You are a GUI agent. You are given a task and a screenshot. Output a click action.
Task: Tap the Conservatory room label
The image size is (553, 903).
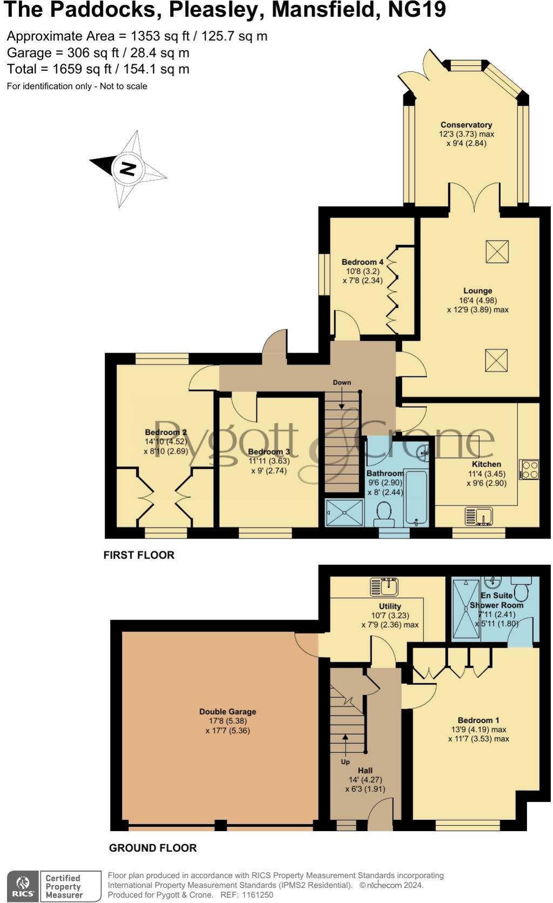coord(466,125)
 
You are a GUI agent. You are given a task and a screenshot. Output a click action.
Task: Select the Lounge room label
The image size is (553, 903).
coord(477,291)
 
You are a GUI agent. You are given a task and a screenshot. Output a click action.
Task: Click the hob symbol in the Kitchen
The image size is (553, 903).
coord(529,469)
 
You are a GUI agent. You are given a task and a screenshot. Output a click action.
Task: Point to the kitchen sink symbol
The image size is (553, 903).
coord(478,516)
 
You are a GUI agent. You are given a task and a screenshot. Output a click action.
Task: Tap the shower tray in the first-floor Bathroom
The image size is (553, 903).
coord(345,512)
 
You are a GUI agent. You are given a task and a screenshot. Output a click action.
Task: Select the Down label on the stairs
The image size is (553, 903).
coord(342,382)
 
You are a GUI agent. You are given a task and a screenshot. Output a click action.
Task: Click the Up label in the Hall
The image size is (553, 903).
coord(345,762)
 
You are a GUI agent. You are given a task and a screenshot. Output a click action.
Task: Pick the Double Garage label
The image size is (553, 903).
coord(227,712)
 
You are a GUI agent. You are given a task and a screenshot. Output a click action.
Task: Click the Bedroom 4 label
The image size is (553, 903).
coord(362,262)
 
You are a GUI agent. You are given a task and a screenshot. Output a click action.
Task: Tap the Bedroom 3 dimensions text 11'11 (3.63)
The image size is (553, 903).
coord(269,461)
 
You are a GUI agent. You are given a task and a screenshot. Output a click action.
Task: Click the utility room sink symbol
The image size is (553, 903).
coord(384,587)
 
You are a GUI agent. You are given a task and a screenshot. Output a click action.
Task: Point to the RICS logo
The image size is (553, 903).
coord(23,886)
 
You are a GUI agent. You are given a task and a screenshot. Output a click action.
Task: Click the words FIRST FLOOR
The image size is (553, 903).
coord(139,555)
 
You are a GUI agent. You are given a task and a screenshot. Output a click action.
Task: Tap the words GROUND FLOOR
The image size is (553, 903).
coord(153,848)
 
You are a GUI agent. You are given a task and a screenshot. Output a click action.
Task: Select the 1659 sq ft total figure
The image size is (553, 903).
coord(82,69)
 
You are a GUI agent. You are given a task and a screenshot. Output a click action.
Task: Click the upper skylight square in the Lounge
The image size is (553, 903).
coord(497,251)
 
